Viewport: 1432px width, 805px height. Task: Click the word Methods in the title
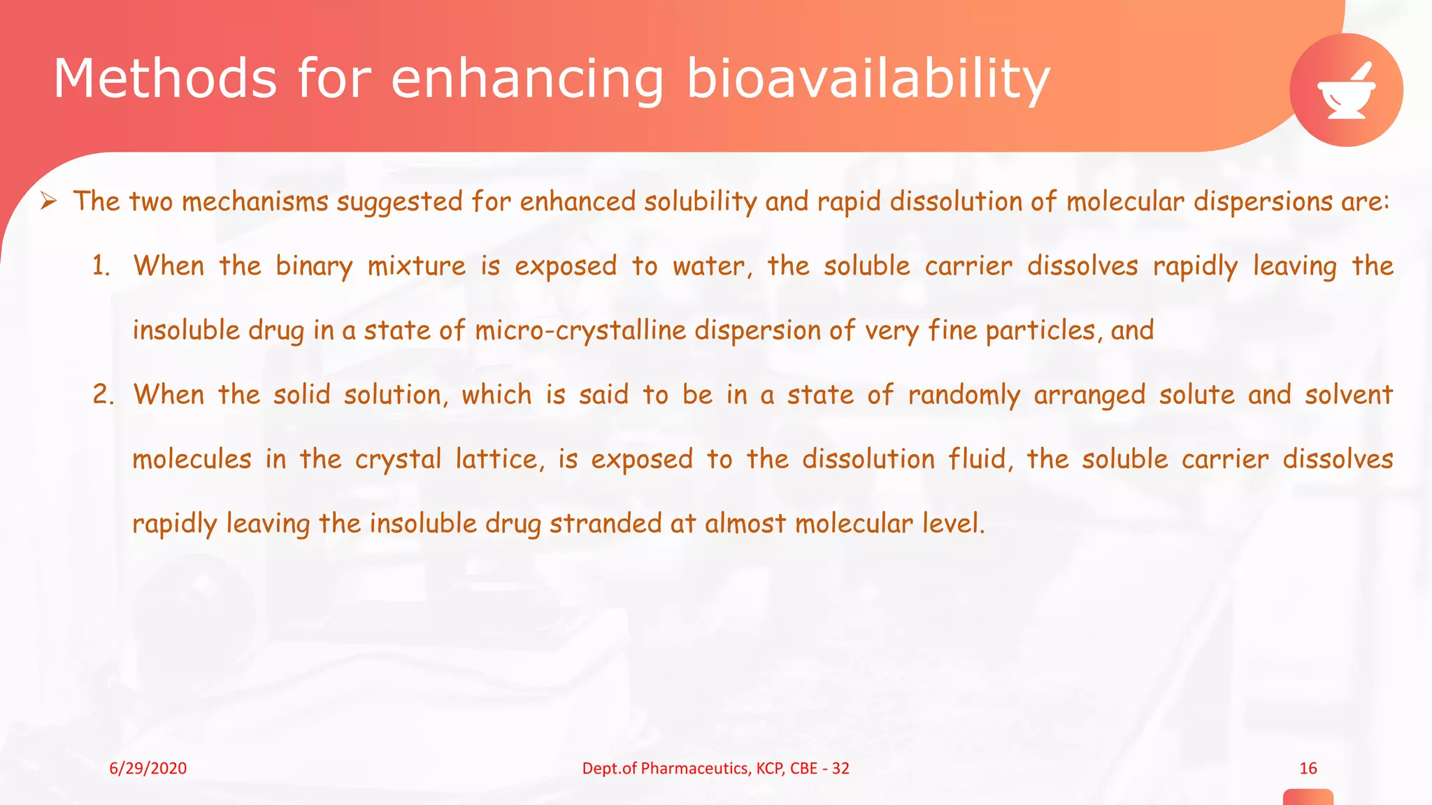[x=165, y=78]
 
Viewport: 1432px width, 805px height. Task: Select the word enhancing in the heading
[x=527, y=80]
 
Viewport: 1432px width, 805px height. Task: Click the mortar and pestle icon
[x=1346, y=90]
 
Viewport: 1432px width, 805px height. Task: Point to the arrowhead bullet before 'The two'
[x=48, y=202]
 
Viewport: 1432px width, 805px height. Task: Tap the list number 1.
[x=101, y=266]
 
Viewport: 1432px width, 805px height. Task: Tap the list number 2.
[x=102, y=395]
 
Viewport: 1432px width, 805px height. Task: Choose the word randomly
[x=964, y=396]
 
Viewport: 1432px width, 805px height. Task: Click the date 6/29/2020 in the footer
[x=148, y=769]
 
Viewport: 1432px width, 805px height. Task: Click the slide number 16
[x=1308, y=769]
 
